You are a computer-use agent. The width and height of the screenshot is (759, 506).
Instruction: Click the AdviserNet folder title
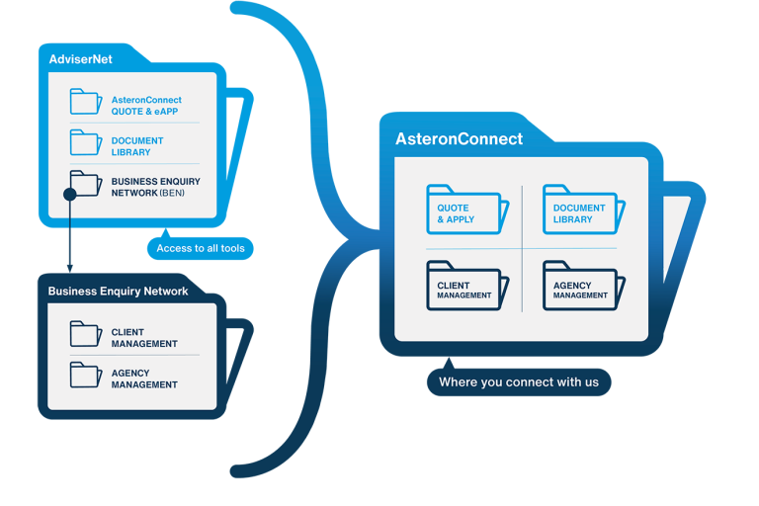point(81,59)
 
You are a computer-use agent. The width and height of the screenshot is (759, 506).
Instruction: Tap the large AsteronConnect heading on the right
point(459,139)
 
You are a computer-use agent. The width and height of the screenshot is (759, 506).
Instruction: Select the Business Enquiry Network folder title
point(118,291)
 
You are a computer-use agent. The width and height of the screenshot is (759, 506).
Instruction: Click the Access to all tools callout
point(200,248)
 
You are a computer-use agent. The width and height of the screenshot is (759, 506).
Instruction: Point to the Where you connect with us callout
point(518,381)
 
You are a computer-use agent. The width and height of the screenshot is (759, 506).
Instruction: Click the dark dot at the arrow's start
point(69,195)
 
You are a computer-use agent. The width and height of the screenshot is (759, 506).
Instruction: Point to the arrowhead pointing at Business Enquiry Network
point(69,267)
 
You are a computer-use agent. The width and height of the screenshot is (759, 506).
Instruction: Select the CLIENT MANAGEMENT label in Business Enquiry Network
point(144,338)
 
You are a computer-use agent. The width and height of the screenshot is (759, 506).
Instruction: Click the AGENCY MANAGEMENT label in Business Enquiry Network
point(144,379)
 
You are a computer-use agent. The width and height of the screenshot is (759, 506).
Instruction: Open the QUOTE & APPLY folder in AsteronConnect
point(465,210)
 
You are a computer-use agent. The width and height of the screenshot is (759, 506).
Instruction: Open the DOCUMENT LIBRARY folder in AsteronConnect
point(581,210)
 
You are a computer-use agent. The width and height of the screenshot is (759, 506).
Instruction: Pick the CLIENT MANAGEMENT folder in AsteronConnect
point(465,286)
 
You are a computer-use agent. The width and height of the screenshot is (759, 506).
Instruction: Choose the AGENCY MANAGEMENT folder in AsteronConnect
point(581,286)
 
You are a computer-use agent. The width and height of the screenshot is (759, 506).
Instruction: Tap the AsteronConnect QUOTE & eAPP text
point(146,106)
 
